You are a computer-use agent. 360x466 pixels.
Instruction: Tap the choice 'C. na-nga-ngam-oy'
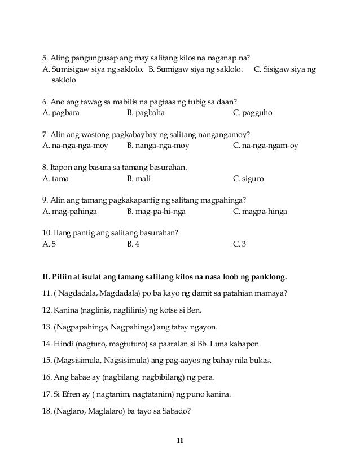pos(265,146)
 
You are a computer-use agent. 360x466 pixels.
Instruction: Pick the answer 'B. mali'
pos(139,179)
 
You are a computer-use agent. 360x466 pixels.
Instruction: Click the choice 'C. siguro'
pos(248,179)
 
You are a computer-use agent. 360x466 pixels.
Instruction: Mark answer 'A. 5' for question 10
pos(50,245)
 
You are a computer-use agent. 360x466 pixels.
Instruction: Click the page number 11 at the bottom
pos(180,439)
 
